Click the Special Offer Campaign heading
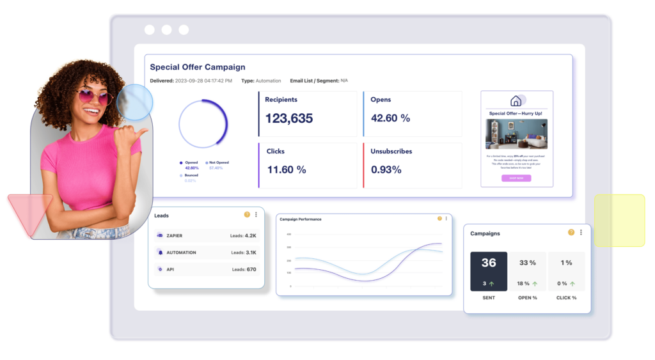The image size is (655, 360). pos(197,67)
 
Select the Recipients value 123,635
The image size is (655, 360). pos(289,118)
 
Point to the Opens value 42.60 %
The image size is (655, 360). pos(390,118)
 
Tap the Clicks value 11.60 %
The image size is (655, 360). pos(286,170)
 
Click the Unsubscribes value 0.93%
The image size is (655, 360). pos(386,170)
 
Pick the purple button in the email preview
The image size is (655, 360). pos(516,178)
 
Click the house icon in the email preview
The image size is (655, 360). pos(516,101)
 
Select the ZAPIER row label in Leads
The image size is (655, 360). pos(174,236)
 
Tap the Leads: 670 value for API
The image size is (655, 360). pos(244,269)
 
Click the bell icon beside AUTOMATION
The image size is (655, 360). pos(159,253)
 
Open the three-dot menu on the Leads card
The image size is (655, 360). pos(256,215)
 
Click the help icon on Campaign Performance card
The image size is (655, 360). pos(439,219)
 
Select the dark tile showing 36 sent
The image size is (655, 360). pos(489,271)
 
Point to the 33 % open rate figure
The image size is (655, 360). pos(528,263)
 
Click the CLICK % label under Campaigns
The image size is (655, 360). pos(566,298)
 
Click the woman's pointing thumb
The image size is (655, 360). pos(140,132)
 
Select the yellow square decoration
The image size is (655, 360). pos(619,220)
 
